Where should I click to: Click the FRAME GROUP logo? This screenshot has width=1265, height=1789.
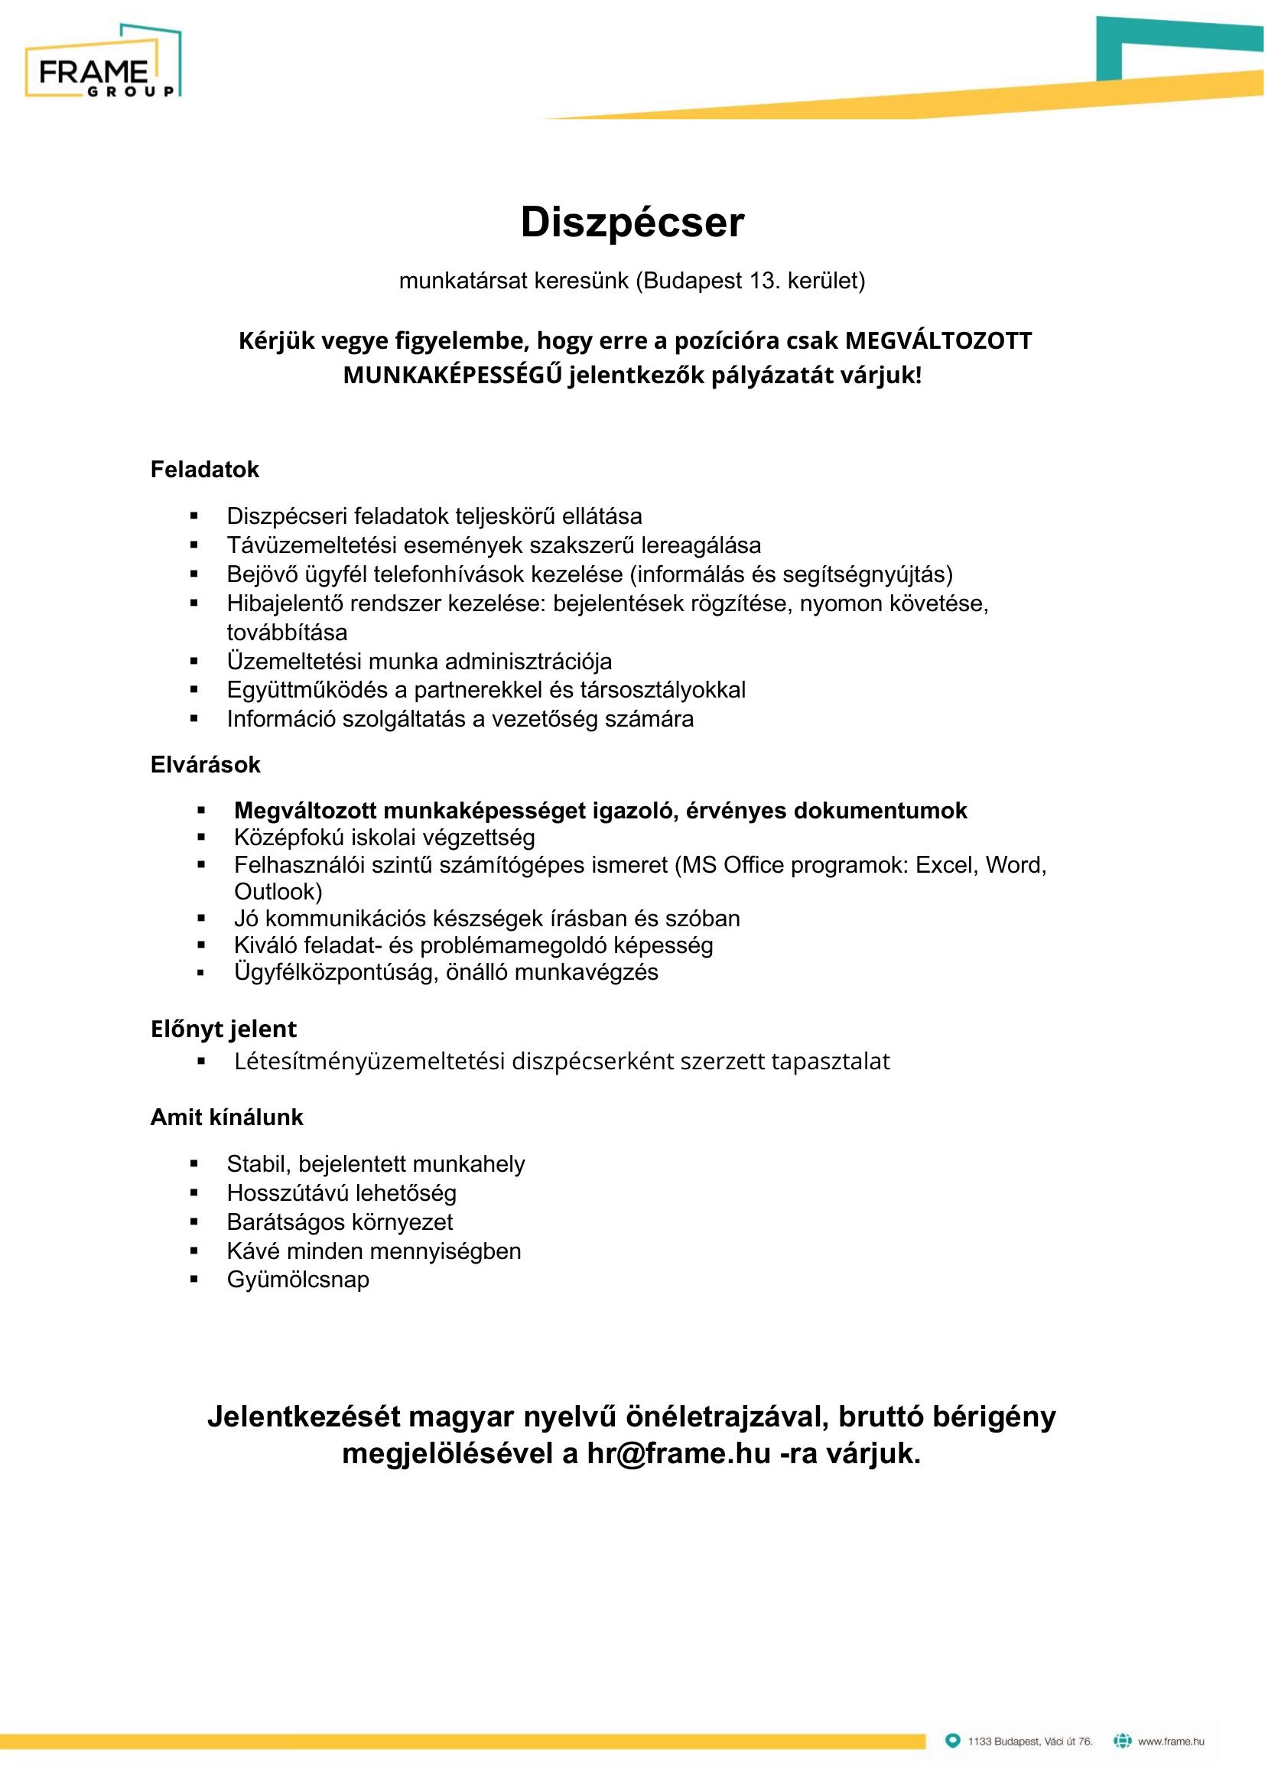coord(102,62)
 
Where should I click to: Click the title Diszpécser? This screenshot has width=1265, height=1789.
coord(632,223)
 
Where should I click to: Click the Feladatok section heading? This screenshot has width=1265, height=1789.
coord(204,470)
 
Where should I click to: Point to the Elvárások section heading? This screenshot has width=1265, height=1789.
coord(205,765)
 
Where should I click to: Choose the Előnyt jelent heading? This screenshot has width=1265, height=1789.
coord(223,1029)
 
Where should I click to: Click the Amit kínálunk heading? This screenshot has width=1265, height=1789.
coord(226,1117)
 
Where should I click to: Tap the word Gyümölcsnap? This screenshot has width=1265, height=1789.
coord(298,1280)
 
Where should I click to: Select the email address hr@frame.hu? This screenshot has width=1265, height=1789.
coord(678,1454)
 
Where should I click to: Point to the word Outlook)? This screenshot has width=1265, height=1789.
coord(278,891)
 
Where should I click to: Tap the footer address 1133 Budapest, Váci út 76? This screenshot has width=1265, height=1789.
coord(1029,1742)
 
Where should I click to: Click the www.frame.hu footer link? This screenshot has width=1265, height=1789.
coord(1171,1742)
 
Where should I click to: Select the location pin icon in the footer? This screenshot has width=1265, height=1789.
coord(952,1741)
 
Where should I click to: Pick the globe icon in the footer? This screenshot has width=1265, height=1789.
coord(1122,1741)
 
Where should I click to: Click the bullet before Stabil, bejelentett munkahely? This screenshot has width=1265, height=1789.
coord(194,1164)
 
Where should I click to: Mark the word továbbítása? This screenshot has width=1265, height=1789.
coord(287,633)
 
